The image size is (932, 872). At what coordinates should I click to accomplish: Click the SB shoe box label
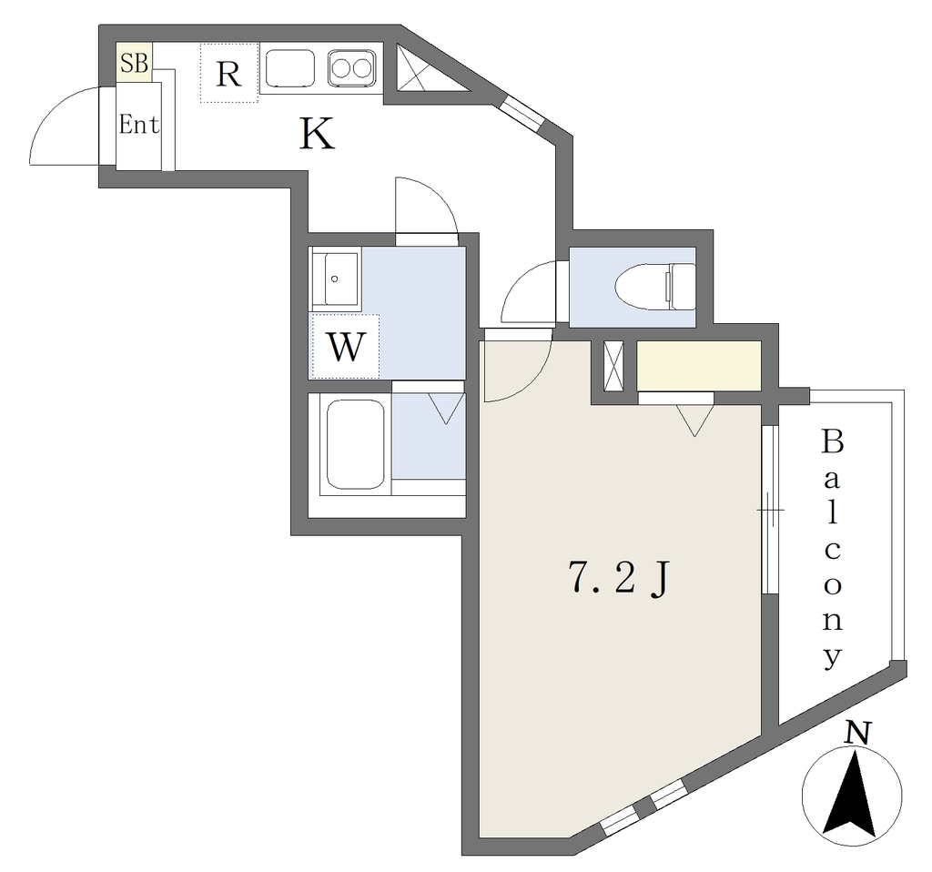tap(135, 63)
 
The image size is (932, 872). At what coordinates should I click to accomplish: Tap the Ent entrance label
tap(139, 125)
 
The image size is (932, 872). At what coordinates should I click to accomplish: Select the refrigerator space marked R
tap(229, 73)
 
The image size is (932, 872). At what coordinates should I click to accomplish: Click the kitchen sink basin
tap(289, 68)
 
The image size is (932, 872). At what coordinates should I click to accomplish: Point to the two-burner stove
tap(351, 68)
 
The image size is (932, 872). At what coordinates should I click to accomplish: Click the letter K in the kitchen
tap(317, 134)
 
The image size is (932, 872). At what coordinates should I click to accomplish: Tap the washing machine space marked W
tap(345, 347)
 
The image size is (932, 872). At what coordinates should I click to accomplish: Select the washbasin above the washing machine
tap(335, 279)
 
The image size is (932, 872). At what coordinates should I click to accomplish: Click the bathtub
tap(356, 444)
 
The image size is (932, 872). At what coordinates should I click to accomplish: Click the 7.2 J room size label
tap(619, 579)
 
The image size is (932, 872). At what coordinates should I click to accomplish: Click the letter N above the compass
tap(857, 733)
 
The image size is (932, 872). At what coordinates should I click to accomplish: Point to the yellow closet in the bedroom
tap(699, 366)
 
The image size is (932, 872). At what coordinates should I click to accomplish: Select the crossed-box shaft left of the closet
tap(613, 366)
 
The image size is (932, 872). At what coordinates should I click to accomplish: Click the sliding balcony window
tap(770, 510)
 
